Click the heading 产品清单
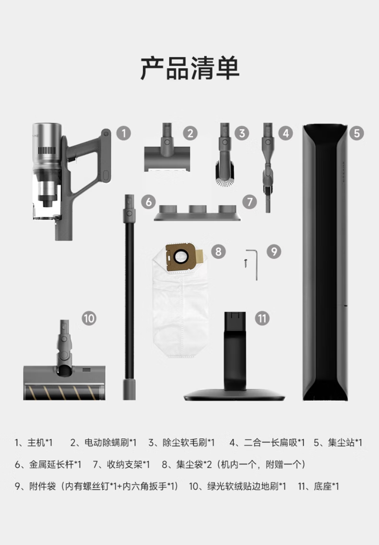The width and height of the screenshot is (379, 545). point(189,68)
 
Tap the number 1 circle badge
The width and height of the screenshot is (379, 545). point(124,133)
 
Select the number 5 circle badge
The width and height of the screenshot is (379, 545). point(357,133)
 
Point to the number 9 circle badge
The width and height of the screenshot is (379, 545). point(274,251)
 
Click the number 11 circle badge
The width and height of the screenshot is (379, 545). point(262,318)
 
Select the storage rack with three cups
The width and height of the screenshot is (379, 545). point(198,213)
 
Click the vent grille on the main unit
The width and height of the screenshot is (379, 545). point(47,150)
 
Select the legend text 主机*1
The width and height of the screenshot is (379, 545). point(40,443)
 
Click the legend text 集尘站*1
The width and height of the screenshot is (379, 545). point(345,443)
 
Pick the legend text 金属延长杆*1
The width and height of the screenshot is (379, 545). point(55,464)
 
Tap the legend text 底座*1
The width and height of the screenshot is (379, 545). point(326,486)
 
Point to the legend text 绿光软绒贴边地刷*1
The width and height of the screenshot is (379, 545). point(247,486)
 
